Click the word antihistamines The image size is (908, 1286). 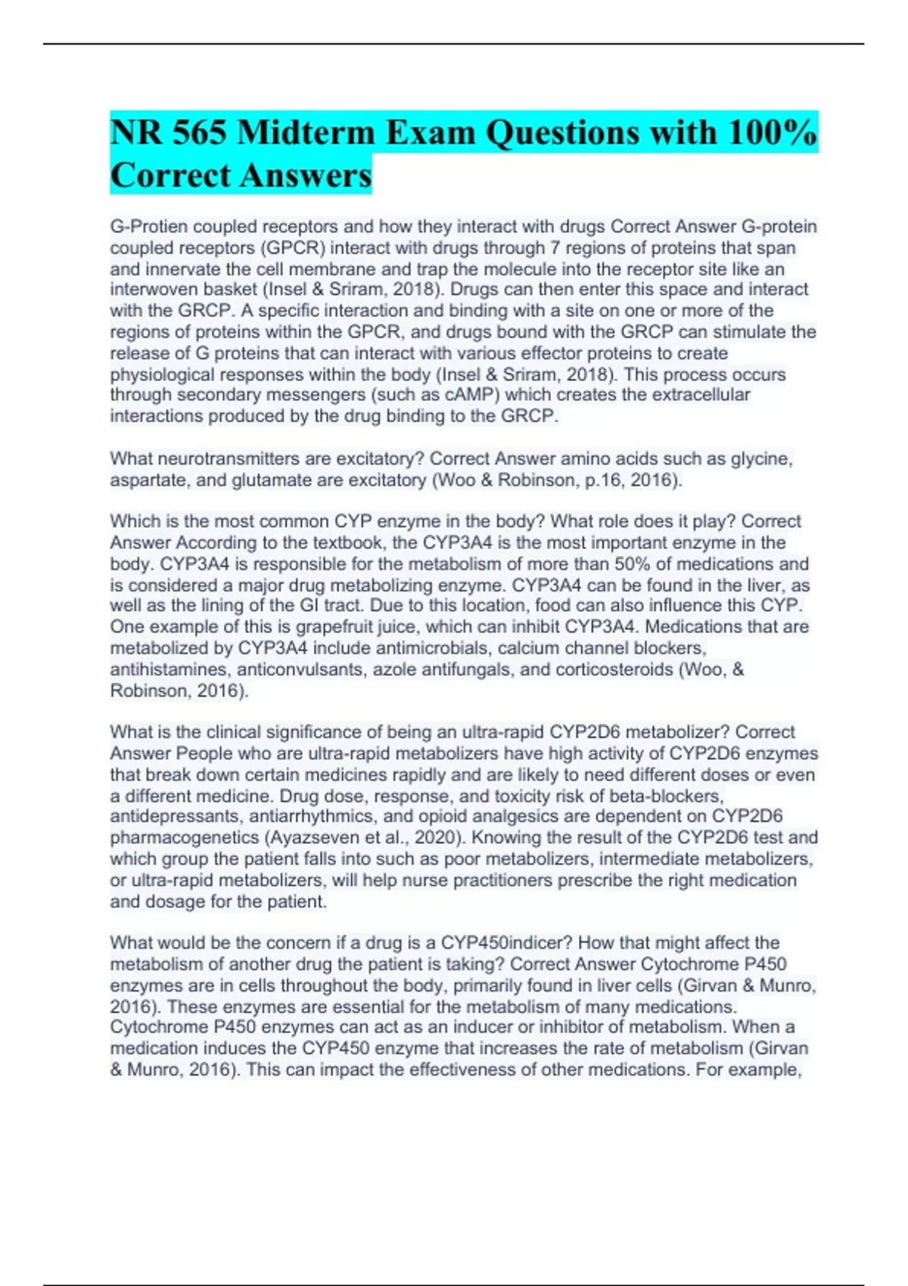[171, 669]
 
